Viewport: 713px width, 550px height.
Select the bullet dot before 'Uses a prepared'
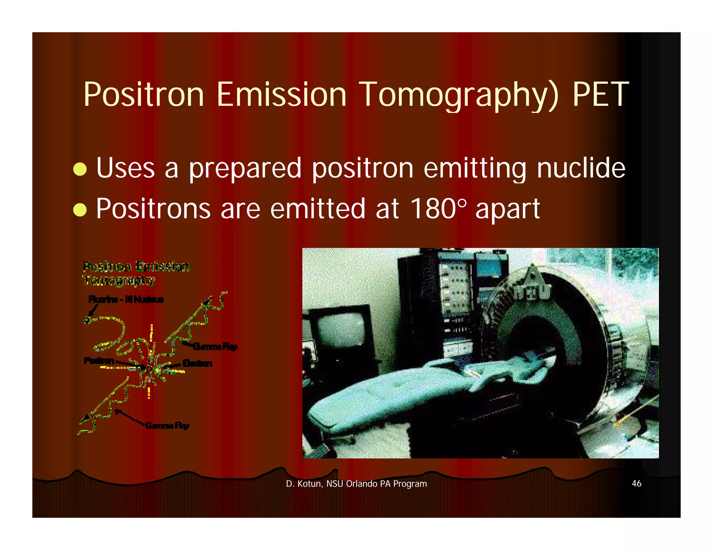click(x=80, y=169)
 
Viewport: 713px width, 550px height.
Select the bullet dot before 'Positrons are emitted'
click(x=80, y=210)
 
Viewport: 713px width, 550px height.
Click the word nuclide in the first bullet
click(x=581, y=168)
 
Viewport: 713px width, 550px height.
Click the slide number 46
click(x=636, y=483)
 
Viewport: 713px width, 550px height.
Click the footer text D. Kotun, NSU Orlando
click(x=356, y=484)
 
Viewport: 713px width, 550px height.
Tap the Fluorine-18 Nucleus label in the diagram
click(x=126, y=299)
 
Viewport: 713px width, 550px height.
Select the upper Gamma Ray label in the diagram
click(x=216, y=346)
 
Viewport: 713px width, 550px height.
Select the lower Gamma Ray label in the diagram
click(x=167, y=425)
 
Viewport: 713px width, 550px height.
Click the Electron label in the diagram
click(x=197, y=363)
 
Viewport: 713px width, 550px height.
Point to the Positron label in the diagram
click(x=99, y=361)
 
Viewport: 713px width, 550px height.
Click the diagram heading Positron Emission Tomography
click(x=136, y=273)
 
